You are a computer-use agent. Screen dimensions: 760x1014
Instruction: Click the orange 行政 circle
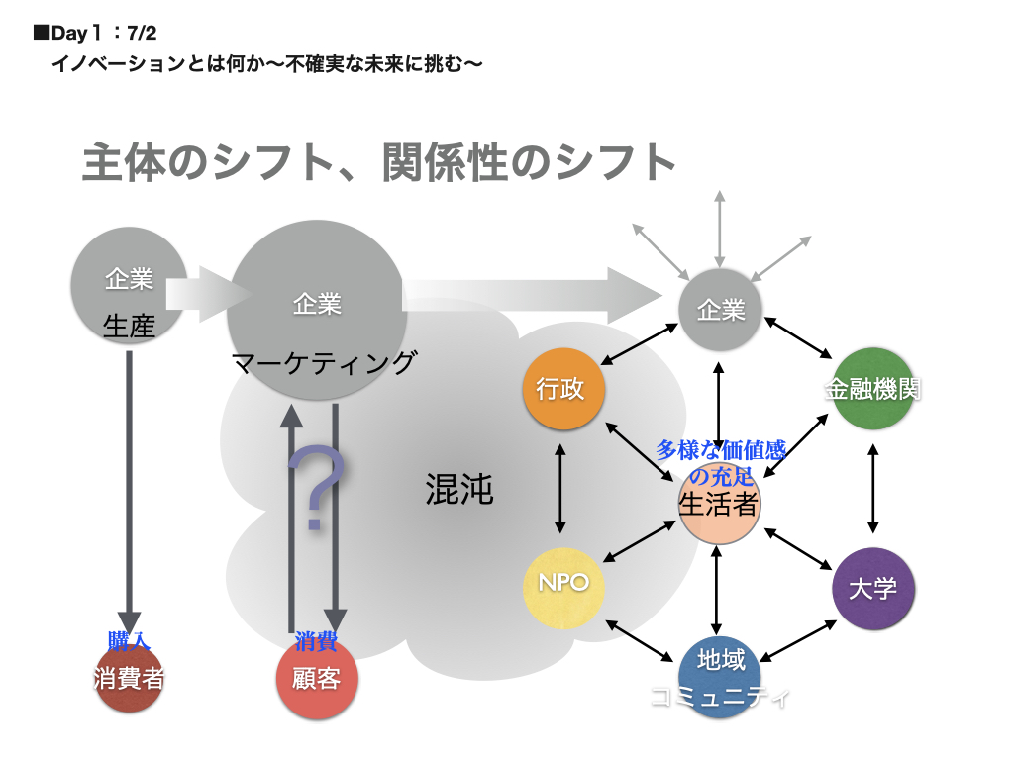point(562,389)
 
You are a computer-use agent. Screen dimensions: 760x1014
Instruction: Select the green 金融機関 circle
point(872,389)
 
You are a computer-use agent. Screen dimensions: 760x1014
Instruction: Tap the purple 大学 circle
point(872,589)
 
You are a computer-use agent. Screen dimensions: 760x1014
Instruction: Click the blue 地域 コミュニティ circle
point(719,672)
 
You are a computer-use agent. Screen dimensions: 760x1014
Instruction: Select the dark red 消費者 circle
point(129,680)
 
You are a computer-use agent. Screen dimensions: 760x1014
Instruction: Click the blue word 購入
point(129,640)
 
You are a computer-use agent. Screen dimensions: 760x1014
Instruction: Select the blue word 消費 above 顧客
point(316,641)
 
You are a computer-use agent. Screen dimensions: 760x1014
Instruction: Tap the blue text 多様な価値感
point(720,450)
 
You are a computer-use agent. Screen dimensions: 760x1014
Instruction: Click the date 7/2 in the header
point(143,33)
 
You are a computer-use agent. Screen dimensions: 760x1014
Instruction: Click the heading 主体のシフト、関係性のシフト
point(379,163)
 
